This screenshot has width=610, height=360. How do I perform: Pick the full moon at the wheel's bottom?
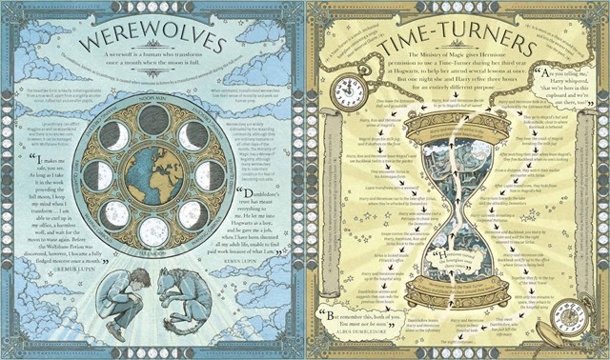coord(153,230)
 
